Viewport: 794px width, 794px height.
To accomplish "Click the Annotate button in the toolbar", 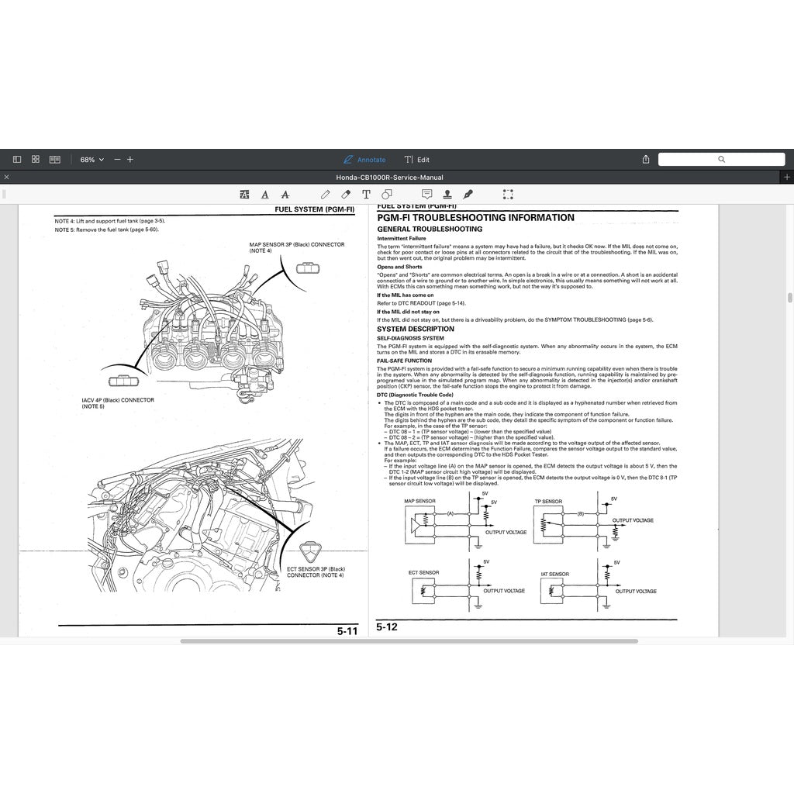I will pyautogui.click(x=364, y=160).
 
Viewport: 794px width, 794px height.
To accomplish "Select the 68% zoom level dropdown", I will pyautogui.click(x=91, y=160).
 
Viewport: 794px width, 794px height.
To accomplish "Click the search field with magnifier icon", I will pyautogui.click(x=720, y=159).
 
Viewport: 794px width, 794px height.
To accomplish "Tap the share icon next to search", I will pyautogui.click(x=646, y=159).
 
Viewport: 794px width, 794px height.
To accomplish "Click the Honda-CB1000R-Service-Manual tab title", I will pyautogui.click(x=389, y=178).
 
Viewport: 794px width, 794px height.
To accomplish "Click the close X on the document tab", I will pyautogui.click(x=6, y=178).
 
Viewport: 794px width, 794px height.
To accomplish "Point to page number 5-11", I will pyautogui.click(x=347, y=631).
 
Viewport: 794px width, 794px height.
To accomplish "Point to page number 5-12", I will pyautogui.click(x=387, y=627).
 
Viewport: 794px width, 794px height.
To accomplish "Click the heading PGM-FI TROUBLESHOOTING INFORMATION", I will pyautogui.click(x=475, y=218).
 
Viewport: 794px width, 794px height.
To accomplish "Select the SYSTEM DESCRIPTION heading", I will pyautogui.click(x=416, y=329).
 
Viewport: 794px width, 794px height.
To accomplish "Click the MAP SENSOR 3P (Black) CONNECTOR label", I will pyautogui.click(x=296, y=247).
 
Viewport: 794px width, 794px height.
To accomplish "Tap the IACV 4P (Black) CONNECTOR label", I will pyautogui.click(x=118, y=403).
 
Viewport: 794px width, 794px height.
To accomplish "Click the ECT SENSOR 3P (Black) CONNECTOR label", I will pyautogui.click(x=316, y=571).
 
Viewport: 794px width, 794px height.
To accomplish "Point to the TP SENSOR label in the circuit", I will pyautogui.click(x=548, y=502).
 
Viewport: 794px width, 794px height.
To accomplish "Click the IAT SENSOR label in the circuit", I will pyautogui.click(x=554, y=575).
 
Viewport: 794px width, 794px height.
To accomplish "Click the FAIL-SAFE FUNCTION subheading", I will pyautogui.click(x=405, y=361).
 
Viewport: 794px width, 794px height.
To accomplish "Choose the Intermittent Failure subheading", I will pyautogui.click(x=396, y=239).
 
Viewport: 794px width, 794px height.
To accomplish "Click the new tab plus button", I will pyautogui.click(x=787, y=178).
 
